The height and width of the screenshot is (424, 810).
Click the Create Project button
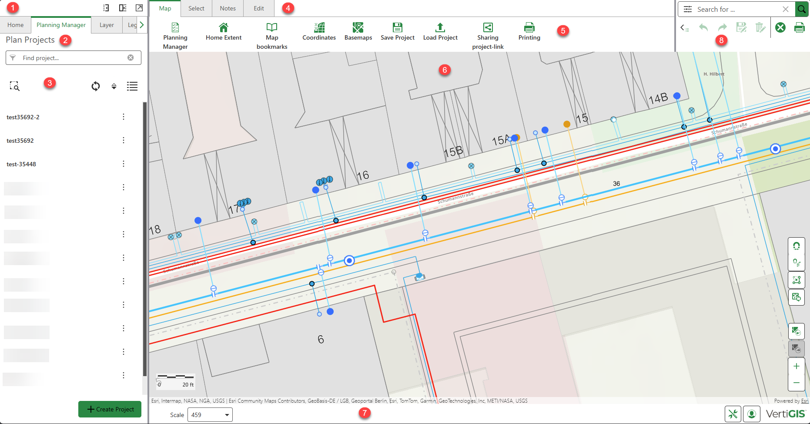(x=110, y=409)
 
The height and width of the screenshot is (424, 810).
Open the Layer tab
(x=107, y=25)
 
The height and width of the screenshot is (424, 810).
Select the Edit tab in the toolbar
(x=259, y=9)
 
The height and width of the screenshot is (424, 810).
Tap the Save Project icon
(x=398, y=28)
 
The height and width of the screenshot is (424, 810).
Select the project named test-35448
(x=21, y=164)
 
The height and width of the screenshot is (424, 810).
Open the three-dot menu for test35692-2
(x=124, y=117)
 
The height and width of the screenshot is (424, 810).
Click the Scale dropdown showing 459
(x=210, y=415)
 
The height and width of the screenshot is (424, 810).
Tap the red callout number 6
(x=444, y=70)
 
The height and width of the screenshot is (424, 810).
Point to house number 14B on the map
(x=658, y=98)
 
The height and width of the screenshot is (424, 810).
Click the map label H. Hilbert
(x=714, y=74)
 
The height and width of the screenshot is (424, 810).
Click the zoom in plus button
(x=796, y=366)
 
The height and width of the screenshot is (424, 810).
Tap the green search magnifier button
(x=801, y=9)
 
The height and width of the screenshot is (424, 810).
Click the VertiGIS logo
(x=785, y=414)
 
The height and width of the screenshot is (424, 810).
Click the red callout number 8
(x=721, y=40)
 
